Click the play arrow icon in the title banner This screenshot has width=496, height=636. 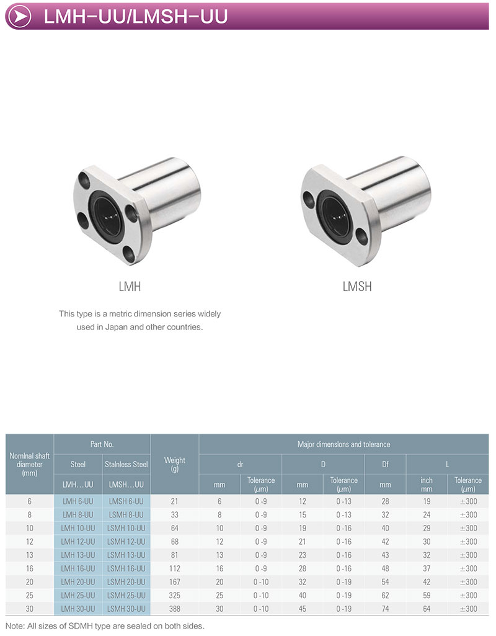[x=19, y=16]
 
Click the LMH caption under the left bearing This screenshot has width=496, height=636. [x=130, y=287]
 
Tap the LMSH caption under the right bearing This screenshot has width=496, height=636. [x=357, y=287]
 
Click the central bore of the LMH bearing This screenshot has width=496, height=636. [x=107, y=215]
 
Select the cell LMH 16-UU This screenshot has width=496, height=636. [x=77, y=568]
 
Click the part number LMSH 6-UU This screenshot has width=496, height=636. [x=126, y=501]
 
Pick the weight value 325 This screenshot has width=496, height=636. [x=175, y=596]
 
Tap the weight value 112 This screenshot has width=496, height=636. [x=175, y=568]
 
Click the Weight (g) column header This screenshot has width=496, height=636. [x=175, y=464]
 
